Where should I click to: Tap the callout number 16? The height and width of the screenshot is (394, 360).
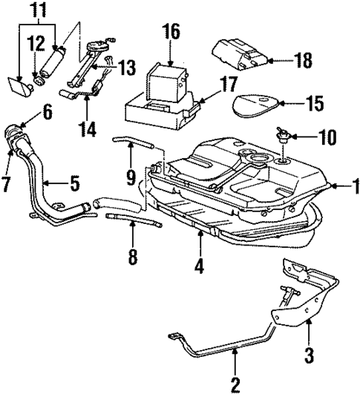point(171,31)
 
